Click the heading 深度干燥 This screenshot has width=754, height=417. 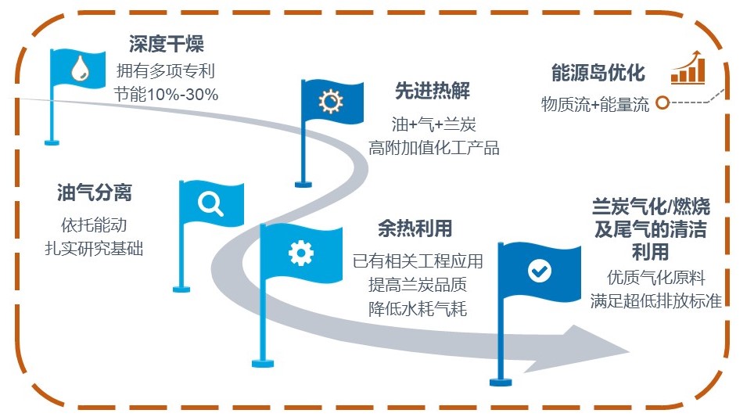click(167, 45)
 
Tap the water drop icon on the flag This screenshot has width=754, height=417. click(79, 71)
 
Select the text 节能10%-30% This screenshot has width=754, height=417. click(166, 94)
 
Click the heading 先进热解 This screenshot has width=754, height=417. click(433, 92)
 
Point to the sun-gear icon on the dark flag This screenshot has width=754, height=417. click(331, 102)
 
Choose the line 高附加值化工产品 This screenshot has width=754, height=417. click(433, 147)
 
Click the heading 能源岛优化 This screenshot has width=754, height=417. click(598, 73)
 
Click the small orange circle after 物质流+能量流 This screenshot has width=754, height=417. click(662, 103)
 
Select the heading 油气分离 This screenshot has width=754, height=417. click(94, 193)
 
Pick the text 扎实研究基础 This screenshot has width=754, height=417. click(94, 249)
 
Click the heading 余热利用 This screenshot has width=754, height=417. click(415, 228)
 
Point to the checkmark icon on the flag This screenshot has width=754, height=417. click(539, 271)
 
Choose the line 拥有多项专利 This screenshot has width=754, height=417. click(166, 71)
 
